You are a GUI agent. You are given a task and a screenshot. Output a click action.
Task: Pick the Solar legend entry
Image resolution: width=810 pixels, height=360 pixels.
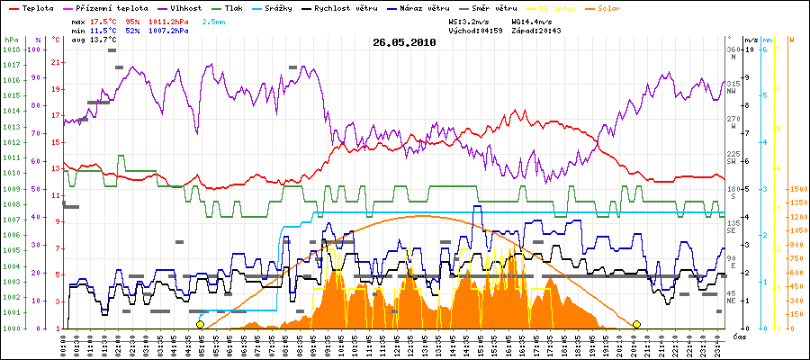pyautogui.click(x=609, y=7)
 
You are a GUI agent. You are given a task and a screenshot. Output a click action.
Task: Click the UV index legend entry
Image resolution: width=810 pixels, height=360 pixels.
pyautogui.click(x=558, y=7)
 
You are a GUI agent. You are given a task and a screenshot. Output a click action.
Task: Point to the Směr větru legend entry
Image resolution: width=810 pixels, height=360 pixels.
pyautogui.click(x=494, y=7)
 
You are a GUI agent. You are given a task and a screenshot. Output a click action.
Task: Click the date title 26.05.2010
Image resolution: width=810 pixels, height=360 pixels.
pyautogui.click(x=404, y=41)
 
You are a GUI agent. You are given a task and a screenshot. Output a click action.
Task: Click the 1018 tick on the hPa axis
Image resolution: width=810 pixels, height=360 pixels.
pyautogui.click(x=11, y=49)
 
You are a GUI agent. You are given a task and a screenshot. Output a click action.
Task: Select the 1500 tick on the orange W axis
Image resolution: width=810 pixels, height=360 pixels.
pyautogui.click(x=797, y=189)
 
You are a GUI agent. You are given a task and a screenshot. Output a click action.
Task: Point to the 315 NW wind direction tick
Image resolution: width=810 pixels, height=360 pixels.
pyautogui.click(x=733, y=86)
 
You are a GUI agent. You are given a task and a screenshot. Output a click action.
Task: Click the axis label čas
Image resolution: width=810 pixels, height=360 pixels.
pyautogui.click(x=738, y=336)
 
